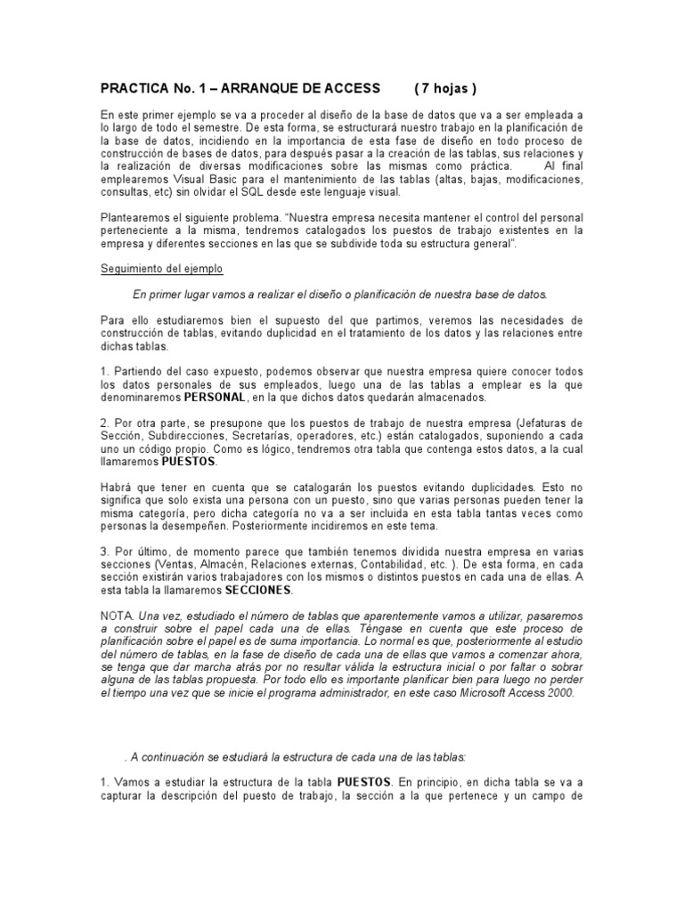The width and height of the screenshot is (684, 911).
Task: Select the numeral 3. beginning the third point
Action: (105, 552)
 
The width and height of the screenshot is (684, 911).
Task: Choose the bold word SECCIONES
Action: (258, 590)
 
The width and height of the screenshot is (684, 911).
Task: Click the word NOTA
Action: (117, 616)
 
